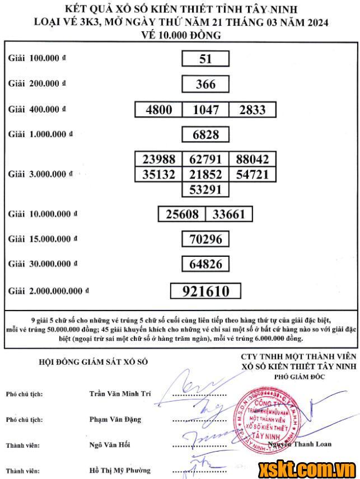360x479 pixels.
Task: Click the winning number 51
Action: tap(205, 59)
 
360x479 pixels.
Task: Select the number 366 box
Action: tap(205, 84)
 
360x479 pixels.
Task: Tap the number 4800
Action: tap(159, 110)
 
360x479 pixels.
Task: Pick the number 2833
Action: tap(252, 110)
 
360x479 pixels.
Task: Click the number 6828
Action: tap(205, 134)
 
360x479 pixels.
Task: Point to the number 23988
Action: tap(159, 159)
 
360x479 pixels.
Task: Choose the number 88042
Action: tap(252, 159)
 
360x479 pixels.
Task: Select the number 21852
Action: tap(205, 174)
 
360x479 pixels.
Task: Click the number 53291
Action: tap(205, 189)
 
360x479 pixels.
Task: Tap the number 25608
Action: tap(182, 214)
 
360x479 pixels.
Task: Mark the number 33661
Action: tap(229, 214)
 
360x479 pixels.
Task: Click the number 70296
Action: tap(205, 239)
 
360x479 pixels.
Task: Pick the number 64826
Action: tap(205, 264)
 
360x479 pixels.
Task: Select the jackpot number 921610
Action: tap(205, 291)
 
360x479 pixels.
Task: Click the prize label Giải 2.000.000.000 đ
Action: tap(49, 291)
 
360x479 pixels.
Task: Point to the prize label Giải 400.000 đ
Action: tap(37, 110)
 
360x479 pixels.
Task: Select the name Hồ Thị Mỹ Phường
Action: tap(120, 470)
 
